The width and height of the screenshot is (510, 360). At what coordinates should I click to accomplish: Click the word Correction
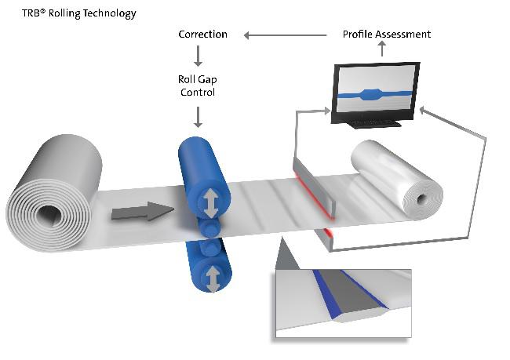tap(202, 35)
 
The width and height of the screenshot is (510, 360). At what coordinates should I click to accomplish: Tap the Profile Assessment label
tap(387, 35)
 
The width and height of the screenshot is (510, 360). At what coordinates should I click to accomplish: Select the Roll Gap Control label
tap(198, 85)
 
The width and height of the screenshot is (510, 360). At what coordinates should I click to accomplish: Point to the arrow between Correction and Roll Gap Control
tap(198, 56)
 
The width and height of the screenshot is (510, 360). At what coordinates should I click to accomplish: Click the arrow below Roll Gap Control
tap(198, 117)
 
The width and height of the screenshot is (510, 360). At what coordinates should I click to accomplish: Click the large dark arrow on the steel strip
tap(142, 210)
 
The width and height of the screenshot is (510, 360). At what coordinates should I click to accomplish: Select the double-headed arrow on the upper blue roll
tap(211, 202)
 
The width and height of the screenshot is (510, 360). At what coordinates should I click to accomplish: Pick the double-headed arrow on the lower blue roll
tap(212, 275)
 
